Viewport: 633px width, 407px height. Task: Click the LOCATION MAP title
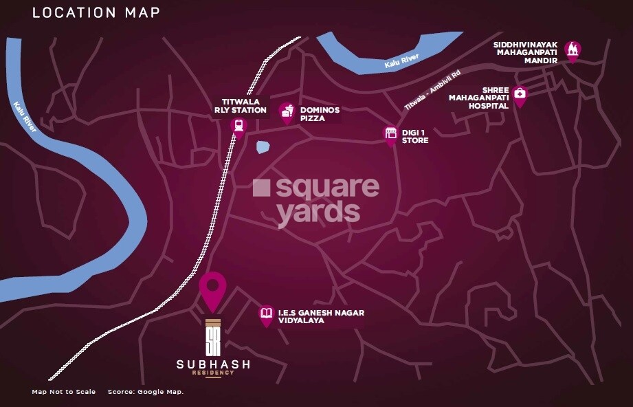click(96, 12)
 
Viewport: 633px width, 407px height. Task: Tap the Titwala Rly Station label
click(239, 105)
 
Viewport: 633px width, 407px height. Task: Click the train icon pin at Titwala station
click(239, 126)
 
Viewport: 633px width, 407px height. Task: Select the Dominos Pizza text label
click(320, 114)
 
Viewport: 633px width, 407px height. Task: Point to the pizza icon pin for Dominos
click(287, 112)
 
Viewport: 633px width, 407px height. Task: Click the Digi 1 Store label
click(415, 136)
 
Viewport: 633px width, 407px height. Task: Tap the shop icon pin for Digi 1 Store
click(390, 134)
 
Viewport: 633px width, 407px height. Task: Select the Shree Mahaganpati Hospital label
click(478, 98)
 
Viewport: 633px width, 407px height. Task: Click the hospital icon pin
click(520, 95)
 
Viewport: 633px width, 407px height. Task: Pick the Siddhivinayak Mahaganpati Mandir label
click(524, 52)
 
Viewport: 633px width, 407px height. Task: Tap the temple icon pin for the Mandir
click(572, 50)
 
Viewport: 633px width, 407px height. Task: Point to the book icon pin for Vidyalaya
click(266, 315)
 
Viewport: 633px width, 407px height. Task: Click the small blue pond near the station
click(262, 146)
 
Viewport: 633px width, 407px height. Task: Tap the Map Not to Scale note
click(63, 392)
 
